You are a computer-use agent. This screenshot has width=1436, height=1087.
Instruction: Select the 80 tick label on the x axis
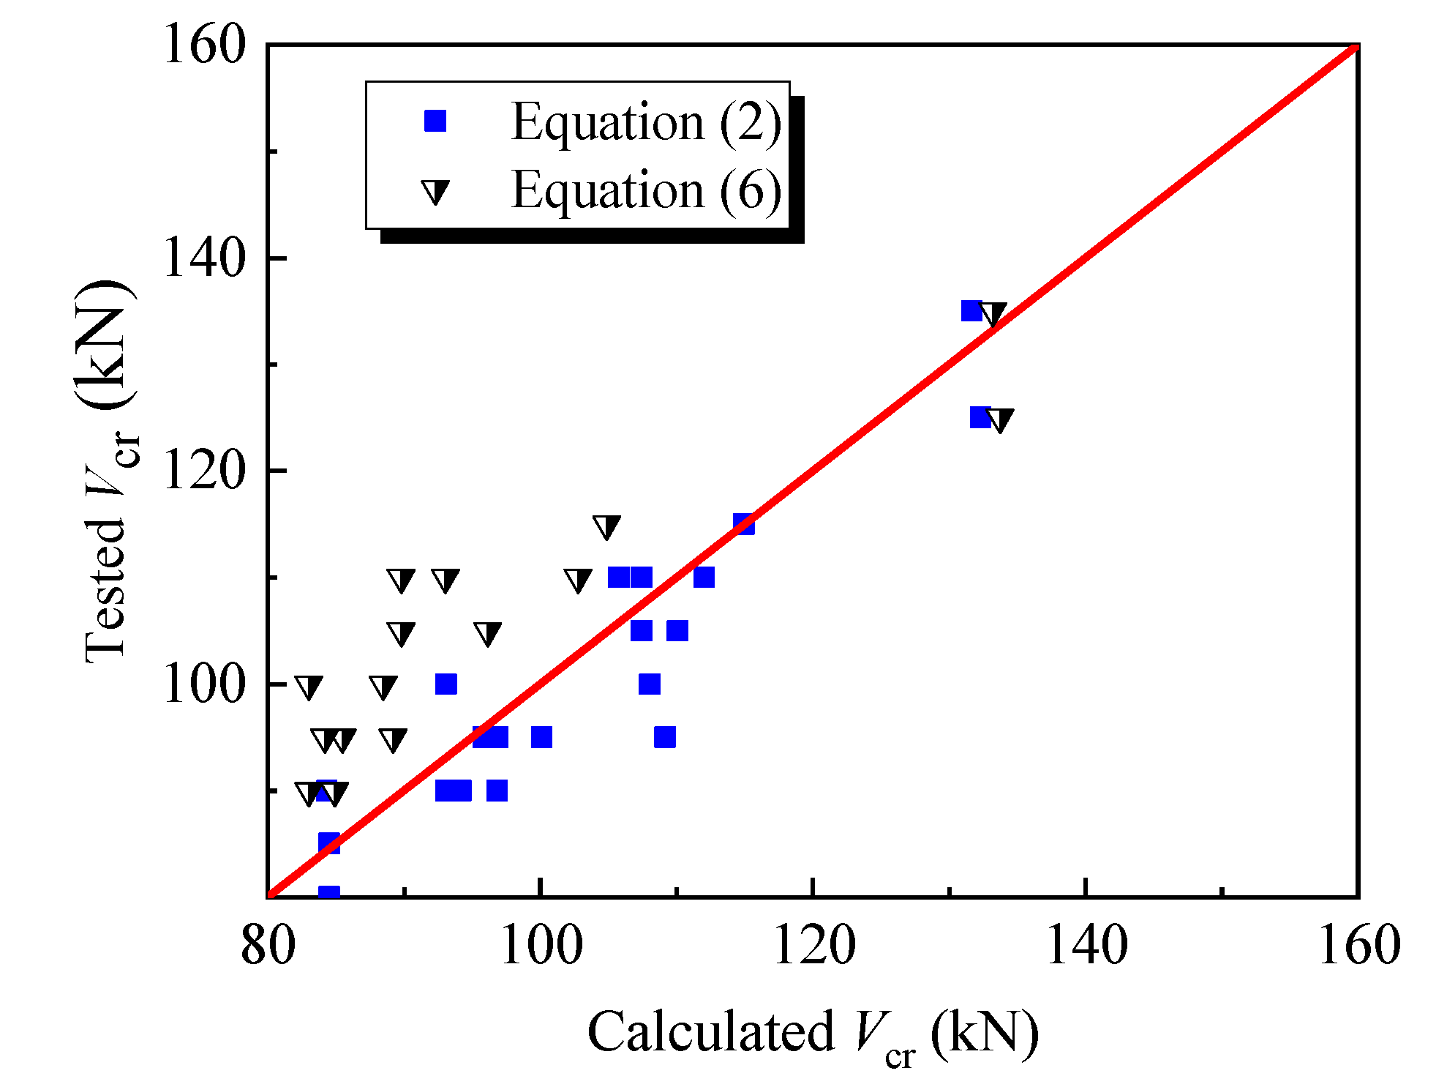coord(268,946)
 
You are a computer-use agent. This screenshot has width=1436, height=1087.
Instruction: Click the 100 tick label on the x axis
coord(541,946)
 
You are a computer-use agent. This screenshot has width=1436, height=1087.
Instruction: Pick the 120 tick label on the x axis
coord(813,946)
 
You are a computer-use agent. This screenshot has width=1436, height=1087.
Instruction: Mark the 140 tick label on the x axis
coord(1086,946)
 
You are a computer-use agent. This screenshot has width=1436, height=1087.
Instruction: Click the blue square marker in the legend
coord(435,121)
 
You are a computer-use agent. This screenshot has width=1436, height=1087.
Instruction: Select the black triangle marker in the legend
coord(435,192)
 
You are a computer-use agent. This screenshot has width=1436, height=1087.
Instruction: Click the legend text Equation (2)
coord(646,122)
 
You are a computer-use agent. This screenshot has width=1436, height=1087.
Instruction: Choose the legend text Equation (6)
coord(646,190)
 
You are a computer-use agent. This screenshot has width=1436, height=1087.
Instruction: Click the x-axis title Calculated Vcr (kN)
coord(813,1033)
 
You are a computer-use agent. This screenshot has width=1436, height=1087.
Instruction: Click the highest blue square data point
coord(971,311)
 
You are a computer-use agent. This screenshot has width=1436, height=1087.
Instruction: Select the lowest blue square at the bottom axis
coord(329,893)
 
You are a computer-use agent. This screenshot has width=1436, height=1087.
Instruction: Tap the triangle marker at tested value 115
coord(606,526)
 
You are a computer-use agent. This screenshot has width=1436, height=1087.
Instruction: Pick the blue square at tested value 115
coord(744,524)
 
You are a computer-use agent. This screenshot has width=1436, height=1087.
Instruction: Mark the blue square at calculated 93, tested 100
coord(446,684)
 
